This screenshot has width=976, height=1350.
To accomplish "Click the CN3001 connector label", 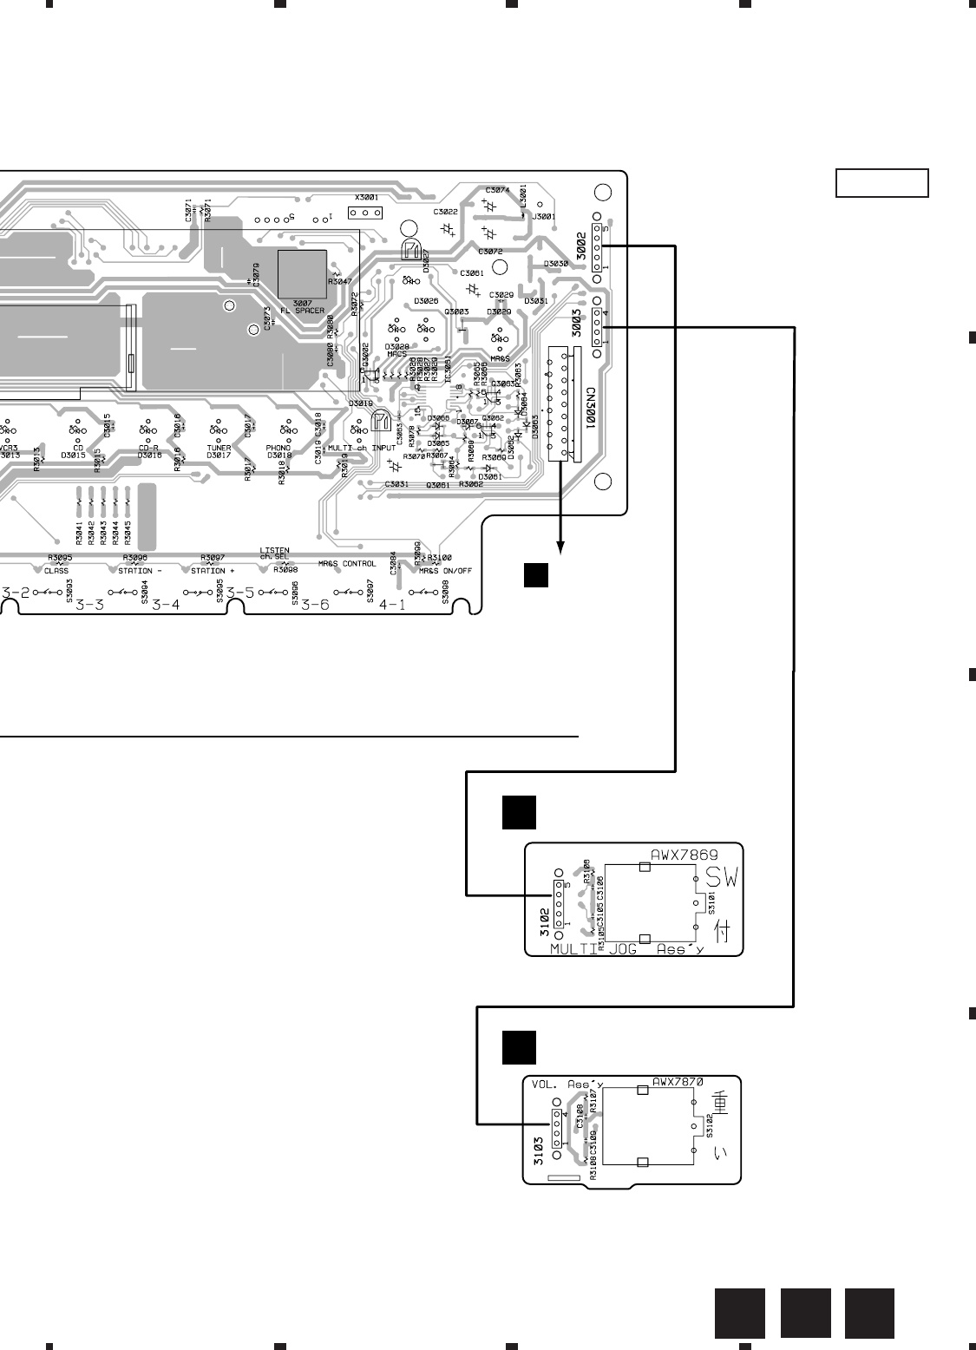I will (x=590, y=409).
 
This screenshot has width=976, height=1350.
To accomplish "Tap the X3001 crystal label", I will (x=367, y=199).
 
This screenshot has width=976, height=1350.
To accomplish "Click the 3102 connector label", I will (x=543, y=914).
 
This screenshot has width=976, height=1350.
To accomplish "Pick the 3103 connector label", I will (x=539, y=1150).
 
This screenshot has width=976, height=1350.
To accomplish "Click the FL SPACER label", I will (x=302, y=311).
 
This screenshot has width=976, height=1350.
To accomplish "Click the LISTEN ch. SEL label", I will (x=275, y=554).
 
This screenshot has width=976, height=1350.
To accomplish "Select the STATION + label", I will (x=213, y=570).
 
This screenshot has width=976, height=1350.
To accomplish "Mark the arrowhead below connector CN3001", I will (x=561, y=546).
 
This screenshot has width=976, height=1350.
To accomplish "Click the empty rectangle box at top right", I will (x=882, y=183).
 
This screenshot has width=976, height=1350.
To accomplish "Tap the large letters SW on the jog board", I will (x=721, y=879).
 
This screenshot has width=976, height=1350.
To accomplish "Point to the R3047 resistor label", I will (x=341, y=283).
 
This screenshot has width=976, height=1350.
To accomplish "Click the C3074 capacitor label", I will (x=497, y=189).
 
